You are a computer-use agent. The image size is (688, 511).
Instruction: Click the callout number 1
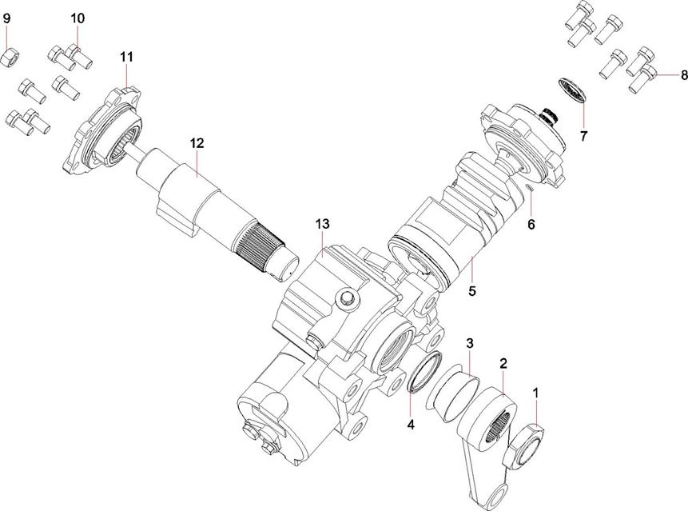536,393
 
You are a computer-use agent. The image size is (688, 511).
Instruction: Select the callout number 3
470,343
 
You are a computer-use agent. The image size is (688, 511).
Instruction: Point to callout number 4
411,424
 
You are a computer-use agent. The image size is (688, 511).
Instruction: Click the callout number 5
472,291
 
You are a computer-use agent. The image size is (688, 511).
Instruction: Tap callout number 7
583,136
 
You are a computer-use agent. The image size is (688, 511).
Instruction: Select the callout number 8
683,75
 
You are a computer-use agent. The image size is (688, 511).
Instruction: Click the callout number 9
8,18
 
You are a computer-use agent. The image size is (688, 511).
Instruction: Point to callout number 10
77,18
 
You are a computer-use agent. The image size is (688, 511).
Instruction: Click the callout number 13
321,223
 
